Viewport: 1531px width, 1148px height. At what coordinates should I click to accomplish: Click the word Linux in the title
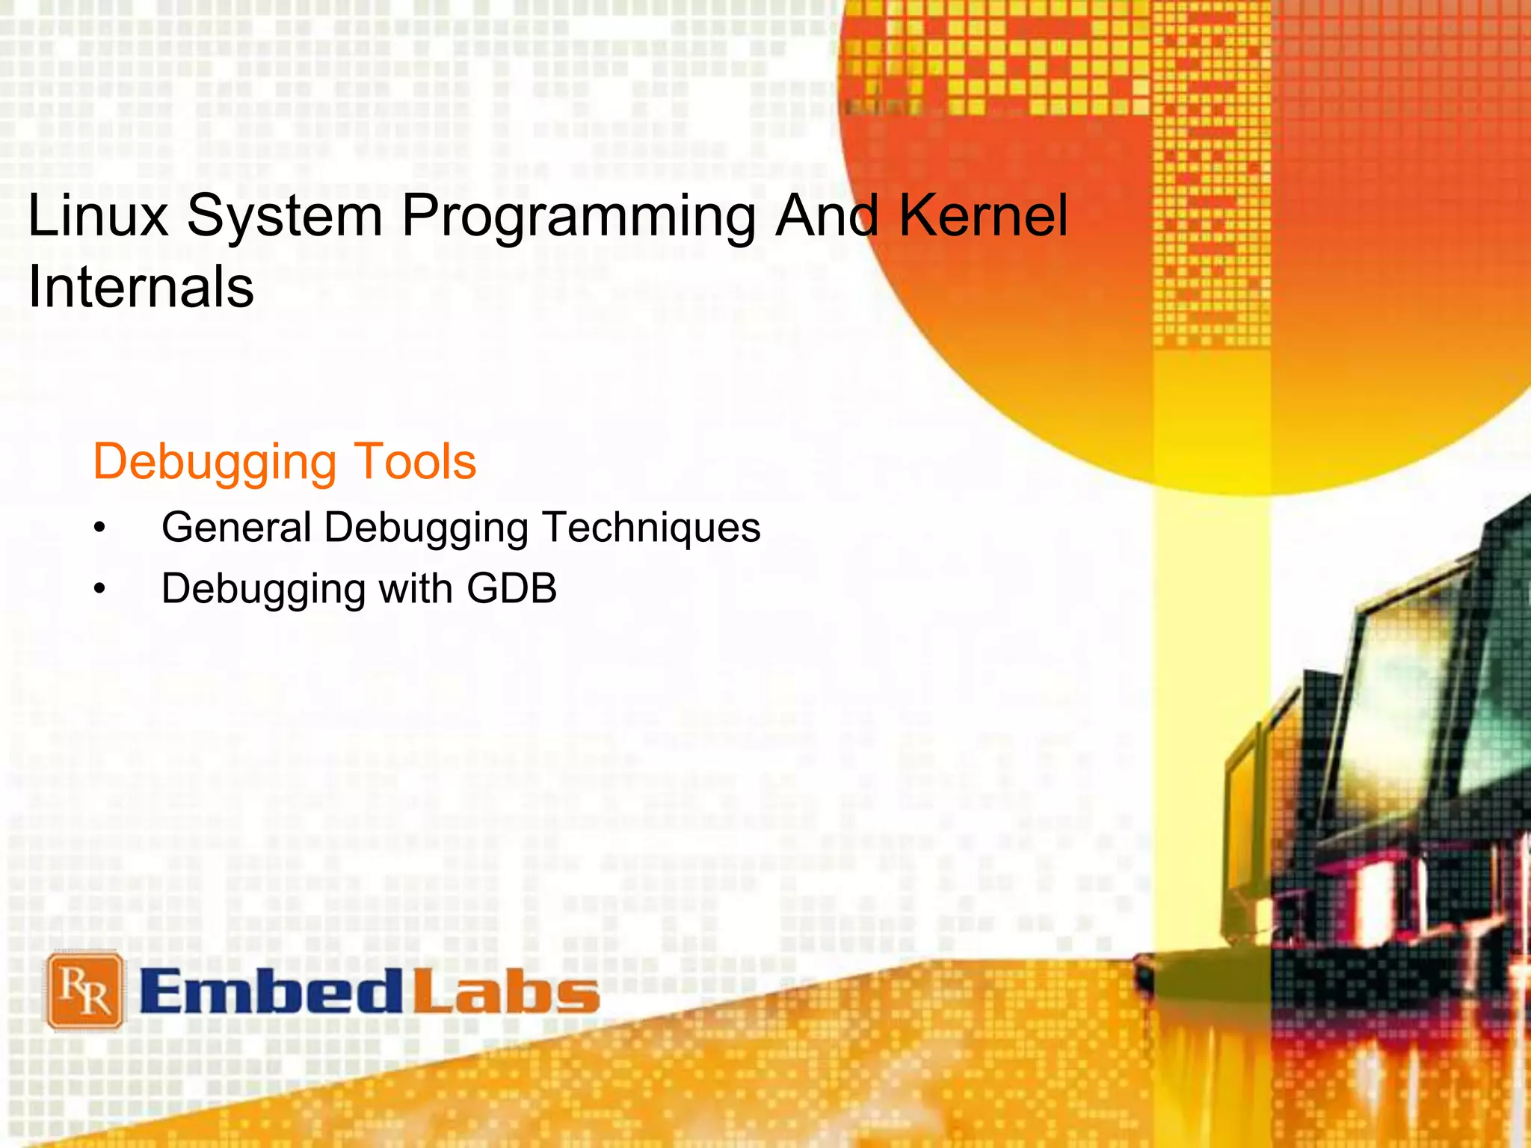click(98, 216)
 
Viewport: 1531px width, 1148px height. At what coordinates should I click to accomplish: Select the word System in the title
click(285, 216)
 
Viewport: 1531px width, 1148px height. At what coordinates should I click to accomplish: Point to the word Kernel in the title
click(983, 216)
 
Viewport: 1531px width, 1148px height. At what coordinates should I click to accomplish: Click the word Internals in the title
click(141, 287)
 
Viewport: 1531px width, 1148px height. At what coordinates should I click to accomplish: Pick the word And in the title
click(827, 216)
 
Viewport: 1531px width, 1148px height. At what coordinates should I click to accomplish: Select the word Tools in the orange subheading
click(414, 461)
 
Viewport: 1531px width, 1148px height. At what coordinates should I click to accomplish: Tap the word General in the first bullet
click(236, 527)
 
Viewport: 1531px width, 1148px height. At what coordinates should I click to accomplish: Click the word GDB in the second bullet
click(512, 588)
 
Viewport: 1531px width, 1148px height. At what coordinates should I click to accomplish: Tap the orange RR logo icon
click(84, 990)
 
